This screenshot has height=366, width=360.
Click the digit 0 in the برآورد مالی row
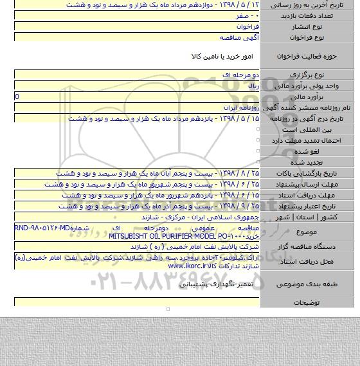click(17, 96)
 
